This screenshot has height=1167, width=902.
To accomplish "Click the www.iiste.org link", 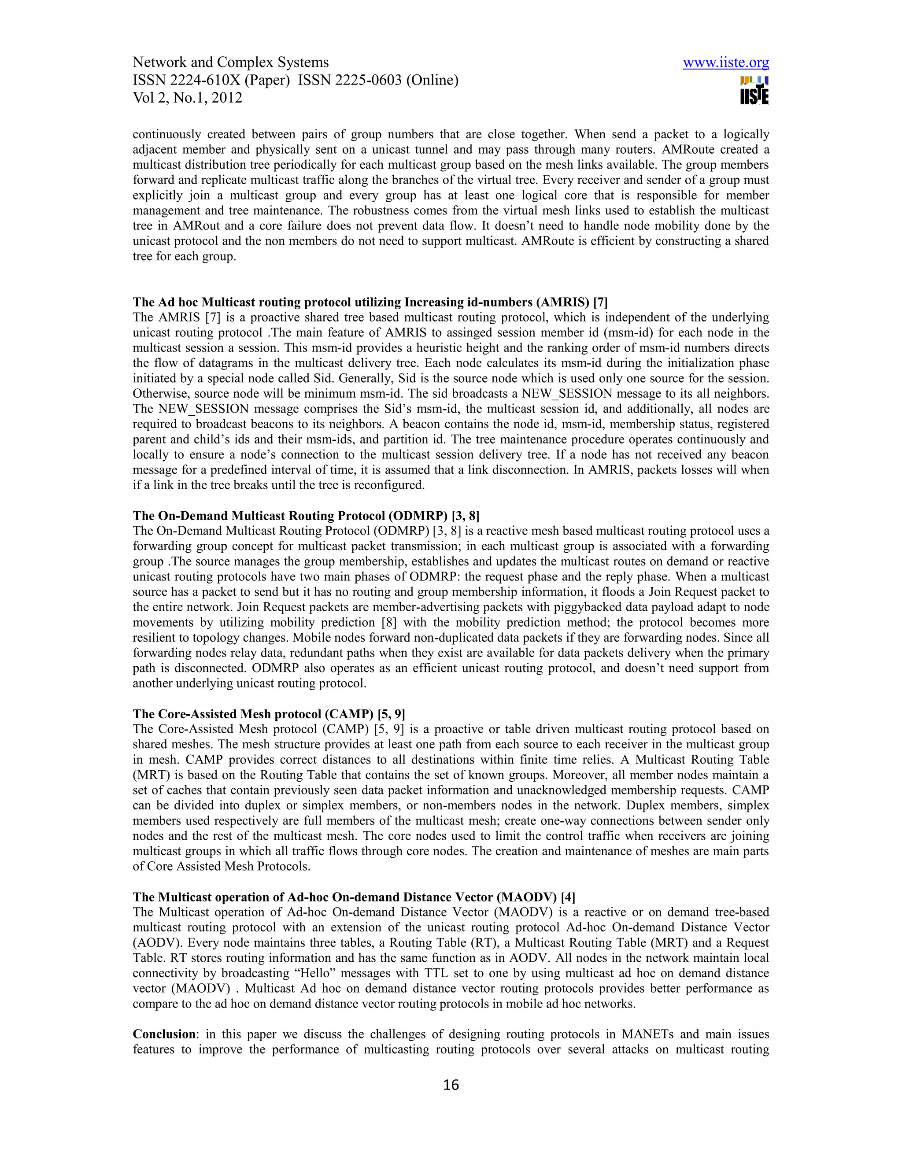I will (726, 63).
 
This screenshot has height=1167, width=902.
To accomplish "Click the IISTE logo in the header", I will (754, 90).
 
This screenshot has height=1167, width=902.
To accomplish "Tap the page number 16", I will (451, 1085).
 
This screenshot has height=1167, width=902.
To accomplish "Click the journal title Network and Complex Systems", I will (230, 63).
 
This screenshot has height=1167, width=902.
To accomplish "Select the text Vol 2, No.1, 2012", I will (187, 98).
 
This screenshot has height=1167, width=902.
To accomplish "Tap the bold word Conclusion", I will (164, 1034).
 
